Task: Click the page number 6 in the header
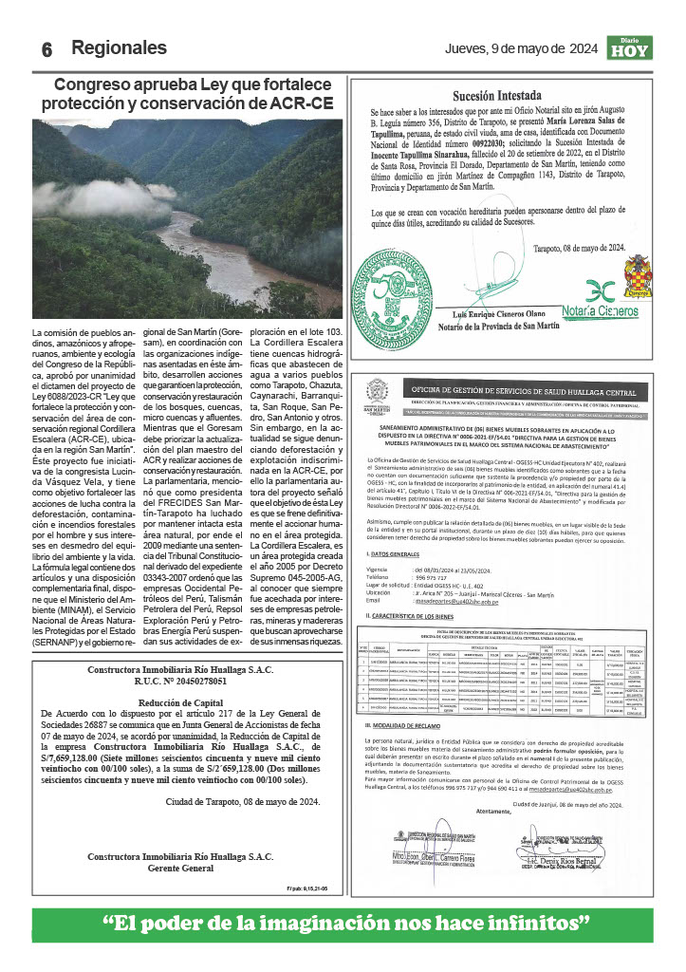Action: tap(46, 50)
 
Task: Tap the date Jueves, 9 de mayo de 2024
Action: tap(521, 49)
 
